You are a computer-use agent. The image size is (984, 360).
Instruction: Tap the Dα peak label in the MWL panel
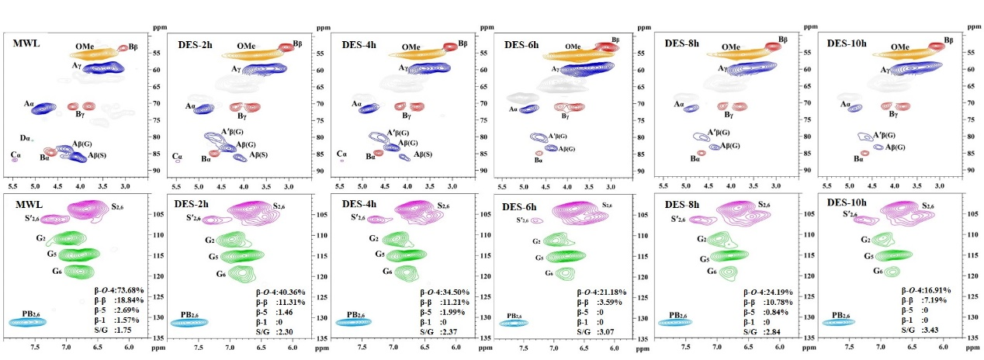(x=25, y=138)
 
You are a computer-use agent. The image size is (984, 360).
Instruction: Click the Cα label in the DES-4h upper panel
(x=341, y=154)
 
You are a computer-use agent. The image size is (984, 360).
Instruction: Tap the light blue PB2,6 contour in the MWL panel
(x=28, y=321)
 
